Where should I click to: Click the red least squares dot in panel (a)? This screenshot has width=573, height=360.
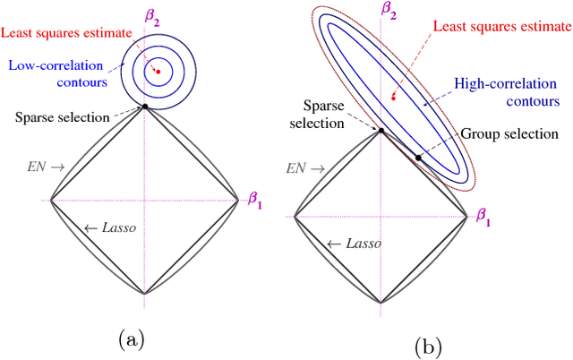pyautogui.click(x=158, y=70)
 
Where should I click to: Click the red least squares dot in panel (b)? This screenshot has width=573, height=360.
pyautogui.click(x=393, y=96)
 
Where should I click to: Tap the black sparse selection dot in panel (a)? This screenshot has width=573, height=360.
pyautogui.click(x=144, y=107)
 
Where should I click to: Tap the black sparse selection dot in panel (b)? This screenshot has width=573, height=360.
pyautogui.click(x=381, y=132)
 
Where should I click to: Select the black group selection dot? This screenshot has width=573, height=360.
pyautogui.click(x=418, y=158)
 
